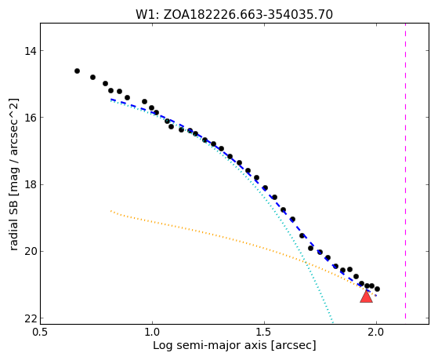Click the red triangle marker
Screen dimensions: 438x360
point(366,296)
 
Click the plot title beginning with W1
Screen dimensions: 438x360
point(234,15)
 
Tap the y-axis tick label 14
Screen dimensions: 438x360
point(31,51)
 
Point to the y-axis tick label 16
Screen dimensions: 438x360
point(31,118)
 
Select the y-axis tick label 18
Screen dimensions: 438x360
point(31,184)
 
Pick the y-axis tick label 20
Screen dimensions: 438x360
point(31,252)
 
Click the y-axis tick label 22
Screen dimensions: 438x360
point(31,318)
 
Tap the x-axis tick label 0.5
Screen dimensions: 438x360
point(41,332)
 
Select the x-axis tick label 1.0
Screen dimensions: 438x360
point(152,332)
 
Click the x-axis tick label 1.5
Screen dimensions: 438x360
point(264,332)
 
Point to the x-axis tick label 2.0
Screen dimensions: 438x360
point(376,332)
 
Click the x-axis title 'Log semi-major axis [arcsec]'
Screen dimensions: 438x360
point(234,346)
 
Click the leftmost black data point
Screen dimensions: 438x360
point(77,71)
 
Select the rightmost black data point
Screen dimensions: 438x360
point(377,289)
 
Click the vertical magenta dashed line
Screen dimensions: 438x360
point(405,171)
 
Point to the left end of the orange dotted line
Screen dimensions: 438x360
point(111,211)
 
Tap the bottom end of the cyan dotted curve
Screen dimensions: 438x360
point(333,323)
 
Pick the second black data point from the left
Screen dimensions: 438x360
point(92,77)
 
